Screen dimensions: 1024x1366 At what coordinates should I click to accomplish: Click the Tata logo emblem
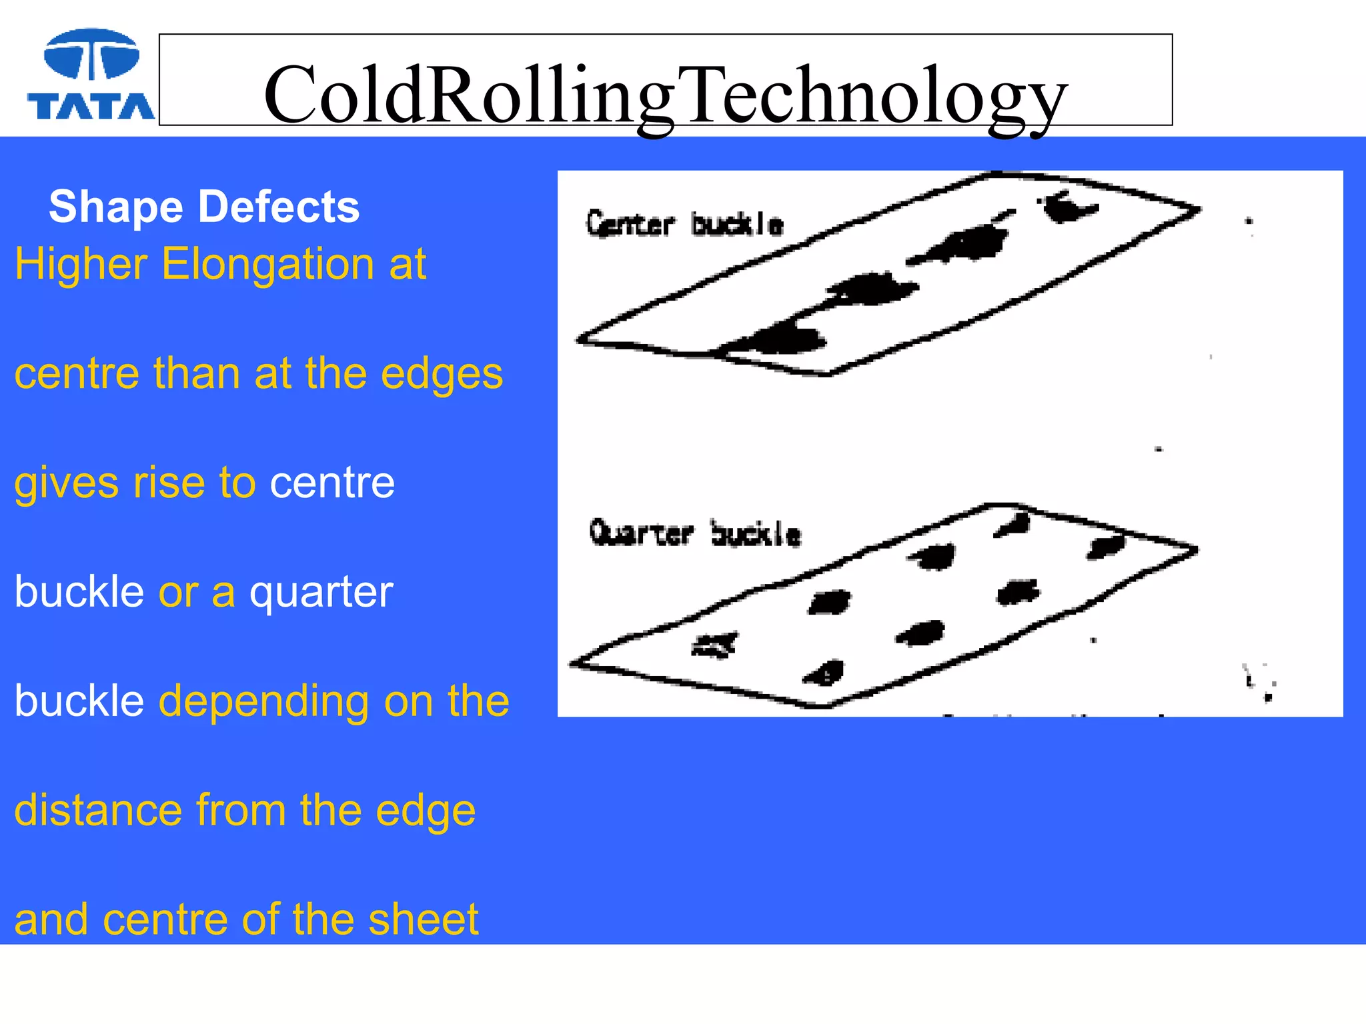coord(91,54)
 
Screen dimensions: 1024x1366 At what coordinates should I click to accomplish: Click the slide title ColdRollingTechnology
coord(665,95)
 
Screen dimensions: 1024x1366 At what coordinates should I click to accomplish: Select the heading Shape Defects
coord(204,207)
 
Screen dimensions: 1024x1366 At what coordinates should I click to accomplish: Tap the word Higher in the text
coord(81,265)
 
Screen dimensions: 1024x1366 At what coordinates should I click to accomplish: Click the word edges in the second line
coord(442,374)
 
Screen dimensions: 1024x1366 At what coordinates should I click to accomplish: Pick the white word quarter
coord(321,593)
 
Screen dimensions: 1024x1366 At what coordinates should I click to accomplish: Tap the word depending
coord(264,702)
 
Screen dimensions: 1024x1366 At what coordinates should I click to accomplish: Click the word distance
coord(98,811)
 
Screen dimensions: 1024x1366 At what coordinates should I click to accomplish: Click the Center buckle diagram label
coord(684,224)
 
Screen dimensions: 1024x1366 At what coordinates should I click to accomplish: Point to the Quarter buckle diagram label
coord(695,533)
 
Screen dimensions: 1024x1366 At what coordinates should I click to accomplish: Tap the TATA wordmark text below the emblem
coord(91,107)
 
